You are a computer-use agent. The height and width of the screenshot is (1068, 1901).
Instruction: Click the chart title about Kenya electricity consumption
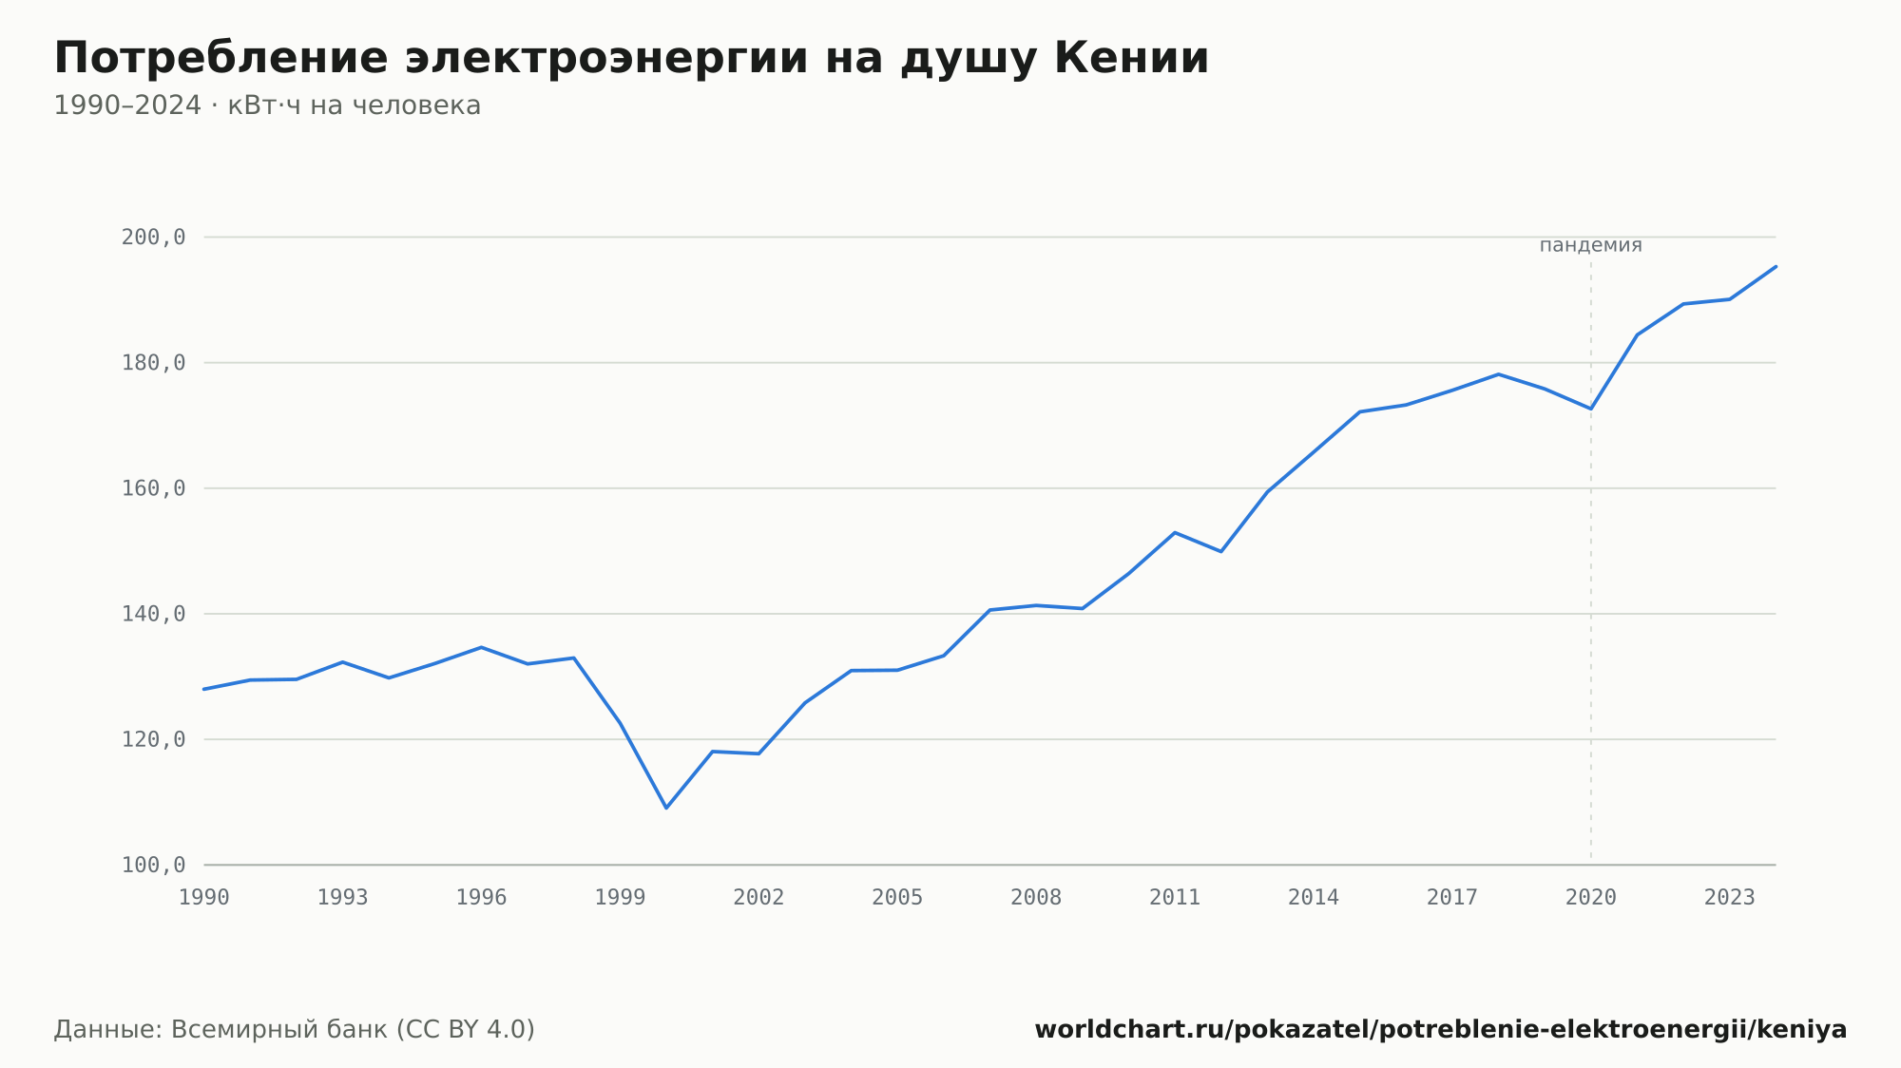point(631,59)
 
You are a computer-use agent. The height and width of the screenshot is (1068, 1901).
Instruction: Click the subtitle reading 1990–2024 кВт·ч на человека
point(267,105)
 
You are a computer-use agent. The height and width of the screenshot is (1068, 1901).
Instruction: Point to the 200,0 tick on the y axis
point(153,238)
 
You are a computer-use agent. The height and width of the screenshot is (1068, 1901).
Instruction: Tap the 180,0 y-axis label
point(153,363)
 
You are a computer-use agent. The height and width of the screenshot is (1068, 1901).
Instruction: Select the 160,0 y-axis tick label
point(153,488)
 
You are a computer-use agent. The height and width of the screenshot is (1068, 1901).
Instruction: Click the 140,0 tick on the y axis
point(153,614)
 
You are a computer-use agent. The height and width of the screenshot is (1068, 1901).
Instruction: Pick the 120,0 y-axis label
point(153,739)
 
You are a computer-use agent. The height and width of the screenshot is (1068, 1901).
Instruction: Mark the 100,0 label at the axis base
point(153,865)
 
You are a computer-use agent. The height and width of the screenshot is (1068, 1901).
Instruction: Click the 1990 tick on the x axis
point(204,898)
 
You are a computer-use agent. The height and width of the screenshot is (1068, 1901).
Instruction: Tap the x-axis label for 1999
point(620,898)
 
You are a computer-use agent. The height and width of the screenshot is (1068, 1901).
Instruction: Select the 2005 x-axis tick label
point(897,898)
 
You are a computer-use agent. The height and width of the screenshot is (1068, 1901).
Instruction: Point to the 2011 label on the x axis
point(1175,898)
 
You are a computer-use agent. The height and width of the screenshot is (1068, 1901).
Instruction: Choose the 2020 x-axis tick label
point(1591,898)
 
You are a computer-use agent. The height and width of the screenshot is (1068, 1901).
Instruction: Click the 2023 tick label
point(1730,898)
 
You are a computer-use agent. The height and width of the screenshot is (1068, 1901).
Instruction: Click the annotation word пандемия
point(1591,245)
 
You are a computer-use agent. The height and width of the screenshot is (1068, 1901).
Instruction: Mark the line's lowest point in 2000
point(666,808)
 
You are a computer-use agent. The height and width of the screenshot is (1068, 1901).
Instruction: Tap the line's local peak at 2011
point(1175,532)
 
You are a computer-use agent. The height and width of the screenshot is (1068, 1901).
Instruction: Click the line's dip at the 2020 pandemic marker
point(1591,409)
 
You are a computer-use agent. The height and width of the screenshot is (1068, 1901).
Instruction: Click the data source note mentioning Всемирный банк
point(295,1030)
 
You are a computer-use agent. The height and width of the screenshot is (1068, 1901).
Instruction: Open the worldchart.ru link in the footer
point(1441,1030)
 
